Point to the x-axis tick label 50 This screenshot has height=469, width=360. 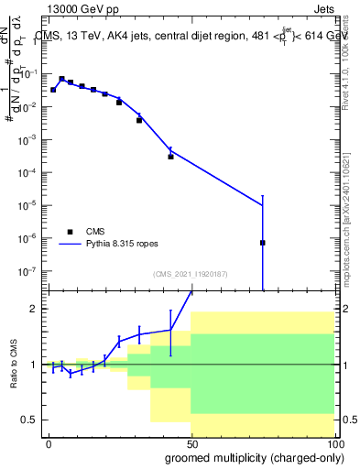click(191, 444)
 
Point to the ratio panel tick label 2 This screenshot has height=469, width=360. click(36, 310)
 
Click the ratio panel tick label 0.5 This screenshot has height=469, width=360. click(31, 420)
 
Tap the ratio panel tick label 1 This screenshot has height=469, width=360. click(36, 365)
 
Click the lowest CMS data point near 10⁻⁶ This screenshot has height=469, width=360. click(263, 243)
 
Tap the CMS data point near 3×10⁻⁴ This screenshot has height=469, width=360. click(170, 157)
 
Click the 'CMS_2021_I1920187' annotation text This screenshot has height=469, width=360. click(191, 274)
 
